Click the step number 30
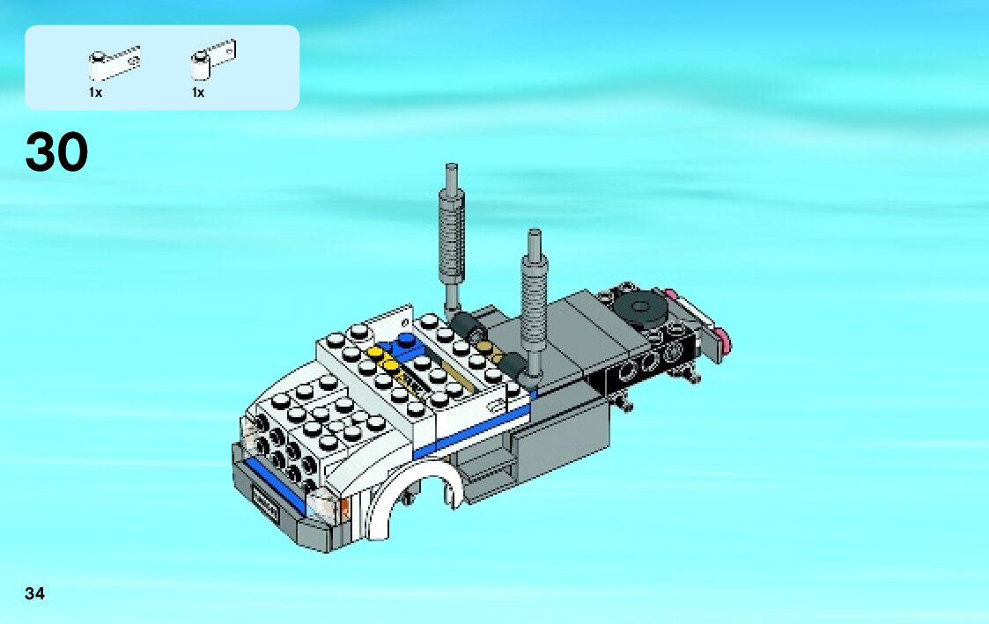56,152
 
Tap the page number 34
34,593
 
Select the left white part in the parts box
114,63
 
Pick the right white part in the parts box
213,60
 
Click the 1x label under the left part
95,92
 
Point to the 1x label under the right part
198,92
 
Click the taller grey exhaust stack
452,239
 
